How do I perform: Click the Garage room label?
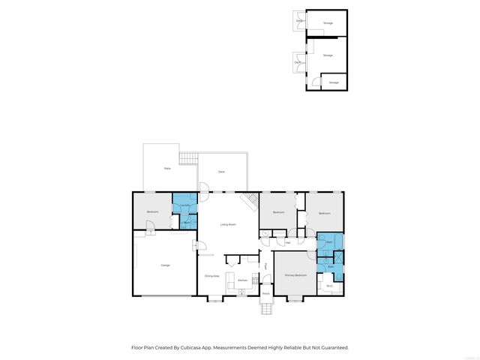(x=165, y=265)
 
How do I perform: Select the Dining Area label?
(x=212, y=276)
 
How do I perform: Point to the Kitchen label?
(x=243, y=280)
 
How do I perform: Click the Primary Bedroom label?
(x=296, y=276)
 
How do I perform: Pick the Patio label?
(x=166, y=169)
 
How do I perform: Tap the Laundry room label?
(x=184, y=205)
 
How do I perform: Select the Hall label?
(x=288, y=242)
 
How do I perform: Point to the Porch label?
(x=265, y=293)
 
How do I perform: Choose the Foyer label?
(x=265, y=266)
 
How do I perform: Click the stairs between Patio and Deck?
(x=187, y=158)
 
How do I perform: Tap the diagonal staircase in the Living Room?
(x=250, y=201)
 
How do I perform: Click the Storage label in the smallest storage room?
(x=334, y=82)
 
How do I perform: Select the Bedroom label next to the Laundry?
(x=152, y=212)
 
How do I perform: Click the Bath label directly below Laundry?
(x=184, y=223)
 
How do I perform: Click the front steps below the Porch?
(x=265, y=310)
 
